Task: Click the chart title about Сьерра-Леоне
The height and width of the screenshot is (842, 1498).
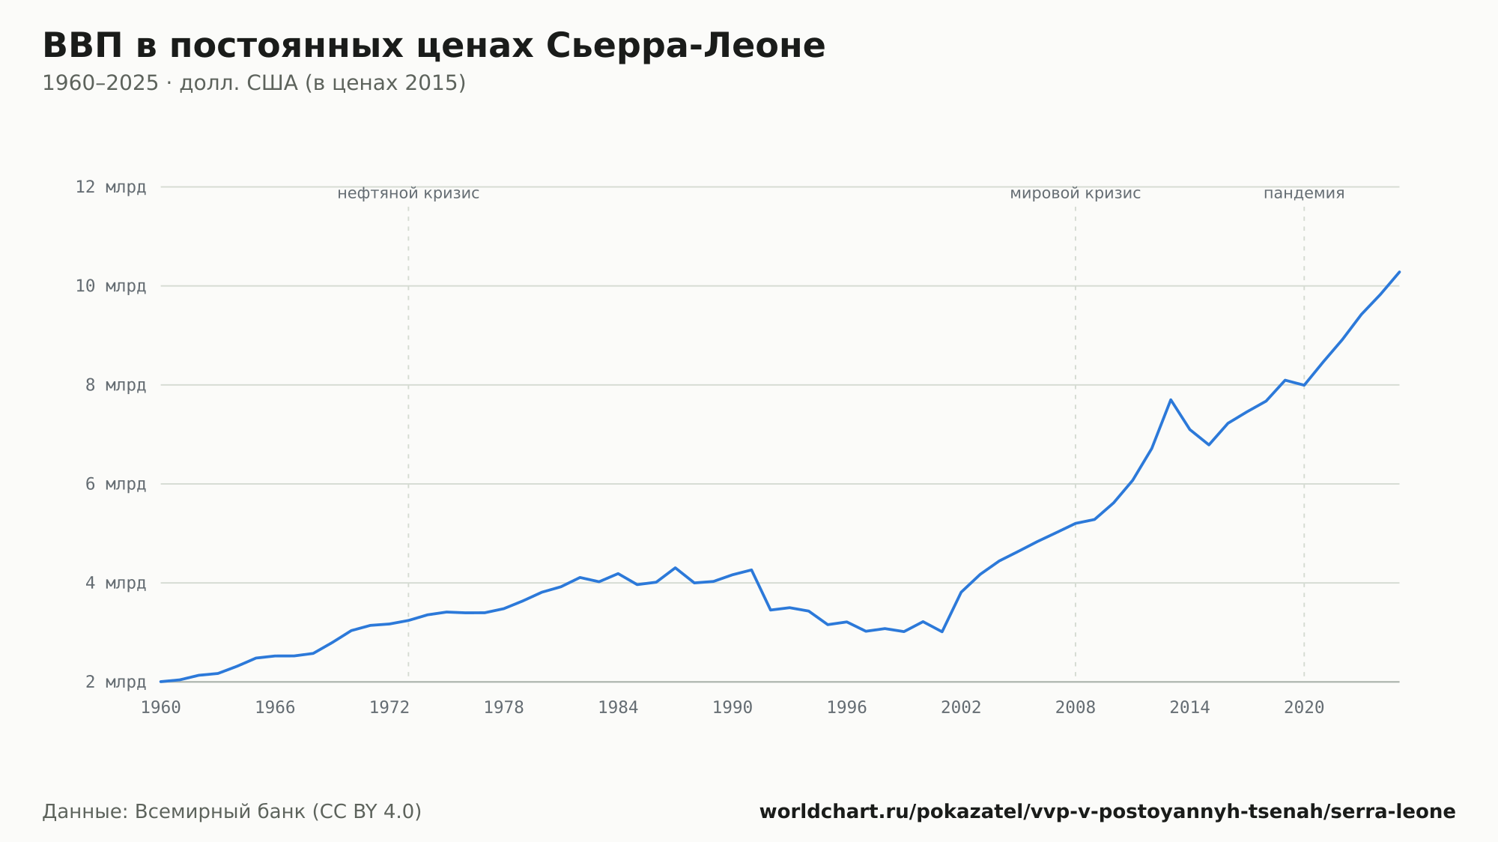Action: tap(434, 46)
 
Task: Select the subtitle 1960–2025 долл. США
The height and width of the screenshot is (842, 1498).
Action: tap(254, 83)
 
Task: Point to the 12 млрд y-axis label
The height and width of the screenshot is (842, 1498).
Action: tap(111, 187)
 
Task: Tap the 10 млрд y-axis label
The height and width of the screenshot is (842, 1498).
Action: tap(111, 286)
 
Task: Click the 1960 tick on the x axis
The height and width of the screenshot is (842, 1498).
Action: tap(161, 708)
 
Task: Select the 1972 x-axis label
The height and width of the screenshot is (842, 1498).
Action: tap(389, 708)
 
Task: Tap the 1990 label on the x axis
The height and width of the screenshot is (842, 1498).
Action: tap(733, 708)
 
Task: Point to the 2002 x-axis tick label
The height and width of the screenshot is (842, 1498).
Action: tap(961, 708)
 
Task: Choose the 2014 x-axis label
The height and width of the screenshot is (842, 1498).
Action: tap(1189, 708)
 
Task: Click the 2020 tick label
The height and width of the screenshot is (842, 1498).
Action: tap(1304, 708)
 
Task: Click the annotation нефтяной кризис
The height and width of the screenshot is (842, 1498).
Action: tap(408, 194)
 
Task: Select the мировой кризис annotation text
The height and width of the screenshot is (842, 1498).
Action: tap(1076, 194)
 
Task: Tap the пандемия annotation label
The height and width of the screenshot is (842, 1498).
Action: tap(1304, 194)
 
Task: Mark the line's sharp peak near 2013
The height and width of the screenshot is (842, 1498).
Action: tap(1171, 400)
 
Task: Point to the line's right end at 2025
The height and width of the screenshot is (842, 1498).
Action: tap(1399, 272)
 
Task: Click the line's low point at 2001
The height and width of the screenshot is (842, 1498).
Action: tap(942, 631)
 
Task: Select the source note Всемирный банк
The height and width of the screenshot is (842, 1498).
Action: tap(232, 812)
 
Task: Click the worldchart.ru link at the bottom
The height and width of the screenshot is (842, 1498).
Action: tap(1108, 812)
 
